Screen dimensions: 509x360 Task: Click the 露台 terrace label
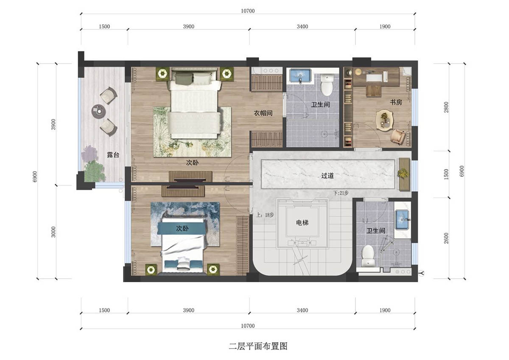point(113,155)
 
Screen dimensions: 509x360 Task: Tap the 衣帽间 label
point(263,113)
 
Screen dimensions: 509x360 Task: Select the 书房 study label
point(396,102)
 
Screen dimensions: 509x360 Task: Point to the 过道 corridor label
point(327,176)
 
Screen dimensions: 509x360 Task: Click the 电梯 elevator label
point(302,223)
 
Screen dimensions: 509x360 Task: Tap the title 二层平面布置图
point(258,346)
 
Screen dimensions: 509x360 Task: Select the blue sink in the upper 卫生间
point(300,75)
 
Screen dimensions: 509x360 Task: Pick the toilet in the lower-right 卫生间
point(368,256)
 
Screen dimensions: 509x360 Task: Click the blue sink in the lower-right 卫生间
point(402,220)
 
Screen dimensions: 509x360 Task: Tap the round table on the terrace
point(98,111)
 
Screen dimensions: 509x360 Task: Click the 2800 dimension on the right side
point(447,107)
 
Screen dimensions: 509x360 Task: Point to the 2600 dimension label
point(447,238)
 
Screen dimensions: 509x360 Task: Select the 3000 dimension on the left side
point(53,232)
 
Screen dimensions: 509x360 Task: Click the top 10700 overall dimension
point(248,11)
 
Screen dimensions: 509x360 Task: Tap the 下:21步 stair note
point(341,193)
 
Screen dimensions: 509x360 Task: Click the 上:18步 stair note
point(265,215)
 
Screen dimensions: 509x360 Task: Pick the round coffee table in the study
point(384,120)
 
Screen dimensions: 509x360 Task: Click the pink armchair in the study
point(398,137)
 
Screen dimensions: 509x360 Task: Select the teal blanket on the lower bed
point(182,228)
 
